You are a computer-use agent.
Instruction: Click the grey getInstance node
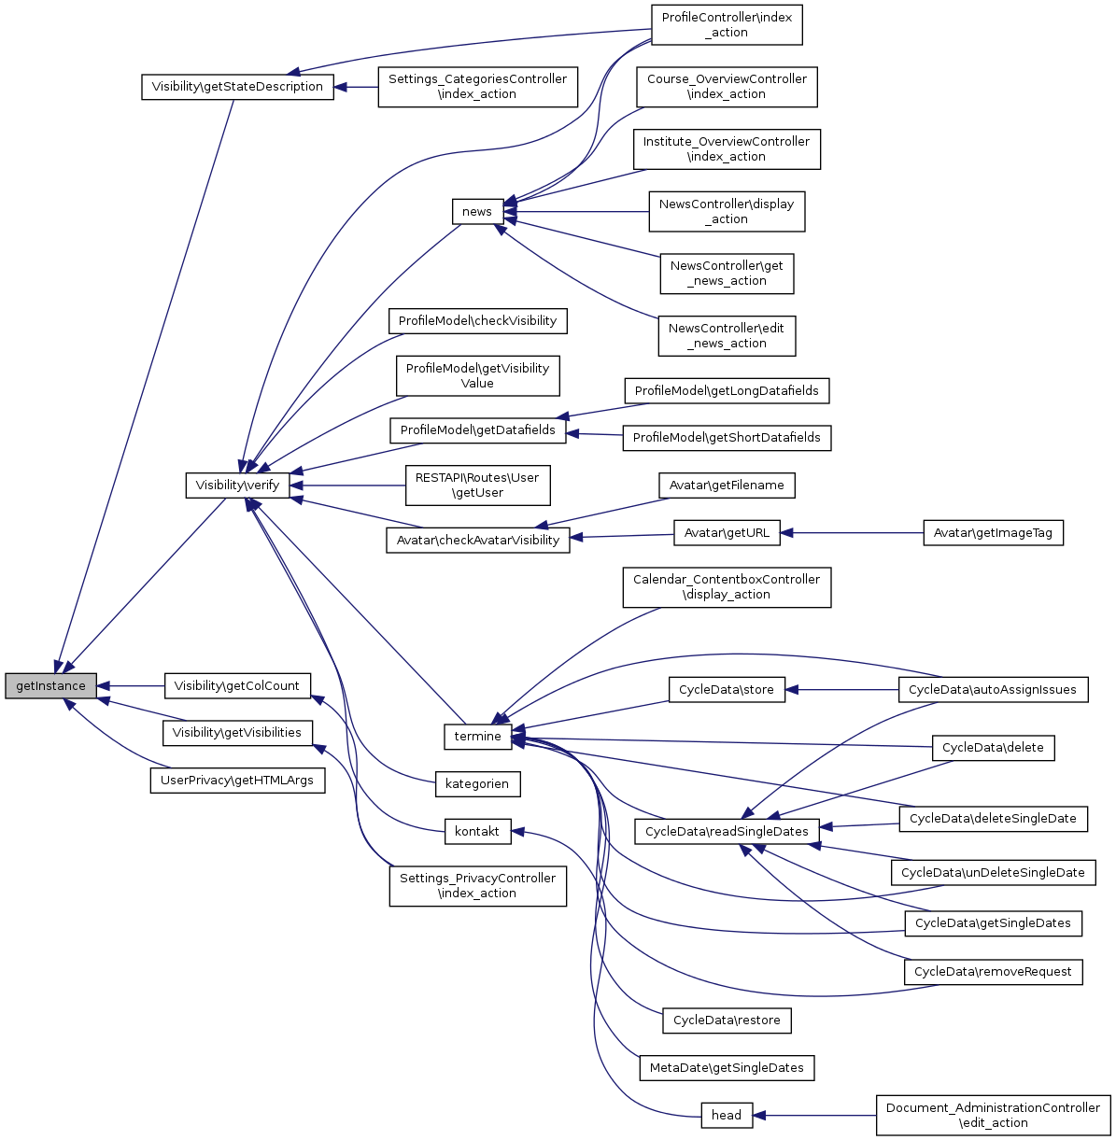(x=50, y=686)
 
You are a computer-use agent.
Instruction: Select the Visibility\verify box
(x=237, y=486)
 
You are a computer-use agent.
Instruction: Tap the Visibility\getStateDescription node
(x=237, y=87)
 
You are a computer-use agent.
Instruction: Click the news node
(x=476, y=212)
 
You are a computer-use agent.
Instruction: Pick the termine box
(x=477, y=737)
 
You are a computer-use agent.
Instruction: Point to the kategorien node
(x=477, y=784)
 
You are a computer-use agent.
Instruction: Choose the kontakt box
(x=477, y=831)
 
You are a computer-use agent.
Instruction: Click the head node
(x=726, y=1115)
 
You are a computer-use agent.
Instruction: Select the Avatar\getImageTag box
(x=993, y=533)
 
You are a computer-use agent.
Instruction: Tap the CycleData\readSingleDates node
(x=727, y=831)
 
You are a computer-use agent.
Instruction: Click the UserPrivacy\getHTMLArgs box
(x=237, y=781)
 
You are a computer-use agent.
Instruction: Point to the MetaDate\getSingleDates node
(x=726, y=1068)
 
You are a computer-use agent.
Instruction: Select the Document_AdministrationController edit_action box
(x=993, y=1115)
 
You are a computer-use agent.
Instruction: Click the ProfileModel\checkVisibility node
(x=477, y=321)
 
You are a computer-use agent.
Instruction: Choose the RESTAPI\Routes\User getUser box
(x=477, y=486)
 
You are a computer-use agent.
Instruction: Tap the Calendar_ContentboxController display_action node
(x=726, y=587)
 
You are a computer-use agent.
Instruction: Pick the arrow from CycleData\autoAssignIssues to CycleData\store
(x=841, y=690)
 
